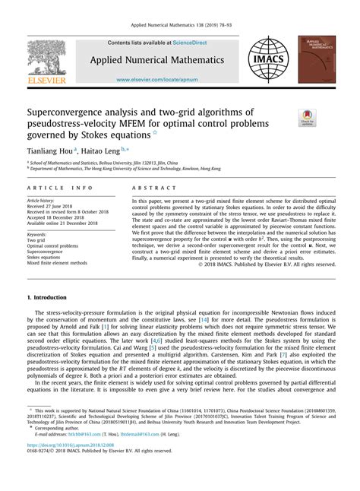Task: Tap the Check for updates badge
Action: pyautogui.click(x=307, y=119)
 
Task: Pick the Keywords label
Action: pyautogui.click(x=41, y=235)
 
